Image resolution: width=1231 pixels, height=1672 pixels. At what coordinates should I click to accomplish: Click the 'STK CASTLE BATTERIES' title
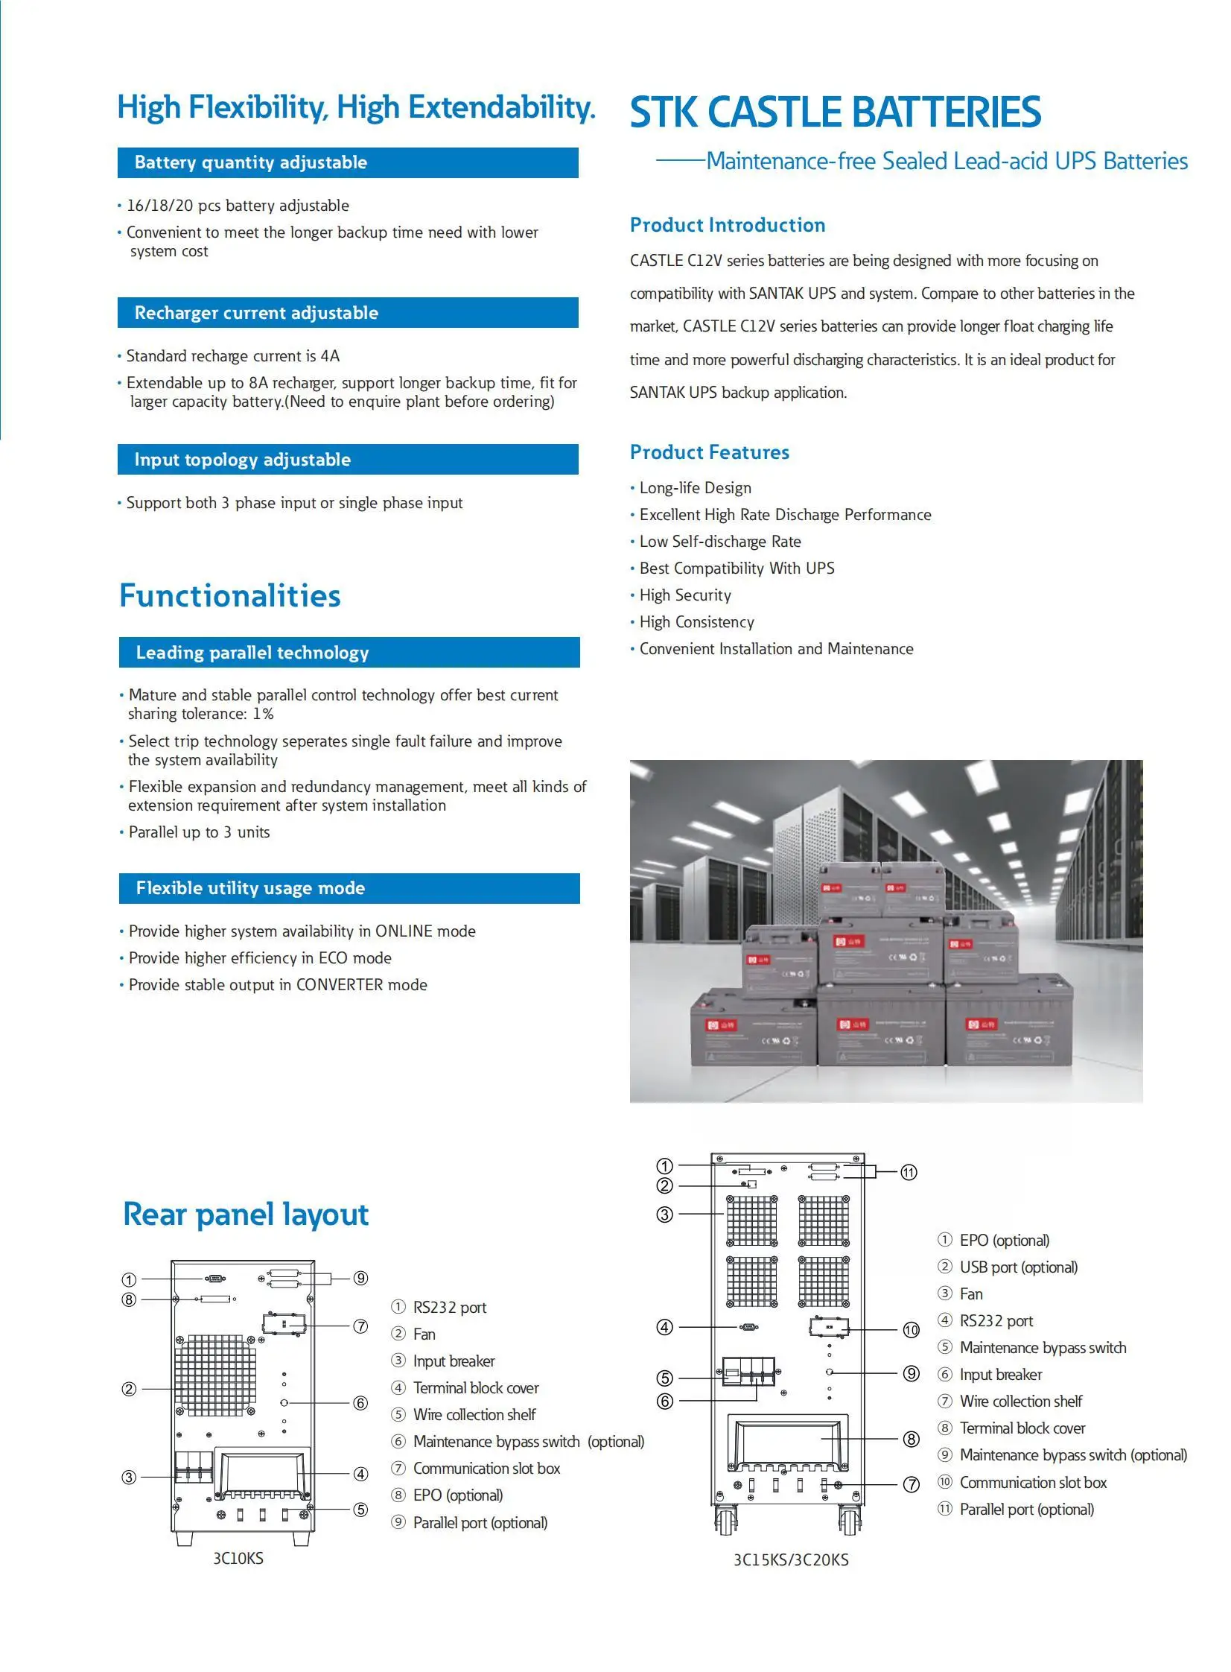tap(835, 112)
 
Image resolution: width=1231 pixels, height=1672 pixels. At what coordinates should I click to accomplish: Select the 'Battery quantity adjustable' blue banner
tap(347, 162)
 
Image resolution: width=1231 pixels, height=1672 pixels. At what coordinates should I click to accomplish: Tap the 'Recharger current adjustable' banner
tap(347, 312)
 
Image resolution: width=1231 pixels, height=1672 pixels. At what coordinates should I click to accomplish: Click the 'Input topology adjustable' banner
tap(347, 459)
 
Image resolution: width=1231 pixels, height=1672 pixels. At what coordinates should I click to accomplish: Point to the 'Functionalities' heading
tap(229, 595)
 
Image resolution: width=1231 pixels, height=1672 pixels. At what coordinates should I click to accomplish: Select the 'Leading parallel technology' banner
tap(349, 652)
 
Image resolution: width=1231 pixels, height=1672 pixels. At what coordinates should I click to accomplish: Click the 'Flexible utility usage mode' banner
tap(349, 888)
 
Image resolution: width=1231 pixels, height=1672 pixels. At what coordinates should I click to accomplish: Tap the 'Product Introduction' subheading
tap(728, 225)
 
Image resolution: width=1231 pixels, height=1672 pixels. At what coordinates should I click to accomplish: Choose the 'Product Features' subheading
tap(710, 452)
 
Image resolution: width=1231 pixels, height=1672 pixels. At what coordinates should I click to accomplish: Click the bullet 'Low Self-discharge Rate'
tap(720, 541)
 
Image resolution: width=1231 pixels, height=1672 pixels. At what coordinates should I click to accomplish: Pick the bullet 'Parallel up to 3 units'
tap(199, 832)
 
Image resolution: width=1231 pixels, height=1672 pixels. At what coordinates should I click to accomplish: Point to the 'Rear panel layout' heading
tap(245, 1215)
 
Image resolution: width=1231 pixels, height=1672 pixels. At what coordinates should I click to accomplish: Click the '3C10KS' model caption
tap(238, 1558)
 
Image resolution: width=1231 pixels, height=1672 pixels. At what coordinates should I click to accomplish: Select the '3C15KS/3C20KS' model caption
tap(791, 1559)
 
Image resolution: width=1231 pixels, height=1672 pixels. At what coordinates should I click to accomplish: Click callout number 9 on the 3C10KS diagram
tap(360, 1278)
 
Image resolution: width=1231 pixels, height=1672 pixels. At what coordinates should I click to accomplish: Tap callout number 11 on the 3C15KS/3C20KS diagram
tap(909, 1173)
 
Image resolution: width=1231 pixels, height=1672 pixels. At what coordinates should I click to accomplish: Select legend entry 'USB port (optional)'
tap(1018, 1267)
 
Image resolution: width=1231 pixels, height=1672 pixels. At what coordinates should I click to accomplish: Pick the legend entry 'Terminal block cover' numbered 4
tap(475, 1388)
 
